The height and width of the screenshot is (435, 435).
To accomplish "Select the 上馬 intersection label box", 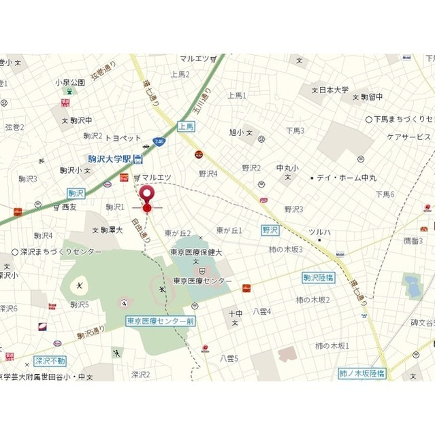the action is [x=187, y=126].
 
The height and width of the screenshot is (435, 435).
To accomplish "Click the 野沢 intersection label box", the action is [x=270, y=230].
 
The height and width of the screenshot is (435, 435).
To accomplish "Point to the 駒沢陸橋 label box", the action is [x=319, y=277].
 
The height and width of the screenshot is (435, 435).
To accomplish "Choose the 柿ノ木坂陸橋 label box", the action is [x=362, y=373].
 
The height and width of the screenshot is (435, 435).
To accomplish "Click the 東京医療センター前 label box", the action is [x=161, y=320].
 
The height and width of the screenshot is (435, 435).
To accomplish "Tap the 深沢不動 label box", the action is [x=50, y=361].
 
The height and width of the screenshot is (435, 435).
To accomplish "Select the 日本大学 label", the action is [x=334, y=90].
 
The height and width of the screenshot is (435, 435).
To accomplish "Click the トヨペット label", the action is [x=123, y=137].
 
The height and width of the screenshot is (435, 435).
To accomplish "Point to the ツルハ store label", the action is [x=319, y=232].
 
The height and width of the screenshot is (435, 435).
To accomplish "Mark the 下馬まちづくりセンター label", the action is [x=402, y=119].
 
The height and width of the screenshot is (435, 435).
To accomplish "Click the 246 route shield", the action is [x=159, y=141].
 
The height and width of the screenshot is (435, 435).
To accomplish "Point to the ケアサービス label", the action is [x=408, y=137].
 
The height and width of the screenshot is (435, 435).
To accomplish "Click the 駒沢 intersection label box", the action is [x=76, y=193].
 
